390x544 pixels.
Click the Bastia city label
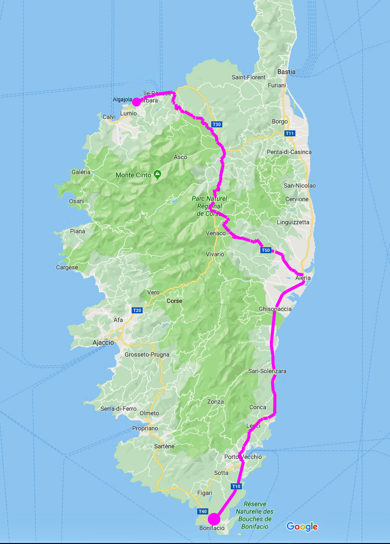(x=286, y=72)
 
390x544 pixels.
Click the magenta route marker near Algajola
(x=136, y=102)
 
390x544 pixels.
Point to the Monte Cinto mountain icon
(x=158, y=174)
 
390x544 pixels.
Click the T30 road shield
(x=216, y=124)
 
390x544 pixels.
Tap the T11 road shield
(x=289, y=133)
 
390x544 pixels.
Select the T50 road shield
(x=266, y=250)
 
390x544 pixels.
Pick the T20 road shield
(x=137, y=311)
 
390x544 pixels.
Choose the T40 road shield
(x=203, y=511)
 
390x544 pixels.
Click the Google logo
(x=302, y=526)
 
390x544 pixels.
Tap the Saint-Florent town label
(x=248, y=77)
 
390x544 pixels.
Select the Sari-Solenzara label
(x=267, y=372)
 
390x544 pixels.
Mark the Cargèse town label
(x=67, y=267)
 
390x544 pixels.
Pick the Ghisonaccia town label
(x=275, y=309)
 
